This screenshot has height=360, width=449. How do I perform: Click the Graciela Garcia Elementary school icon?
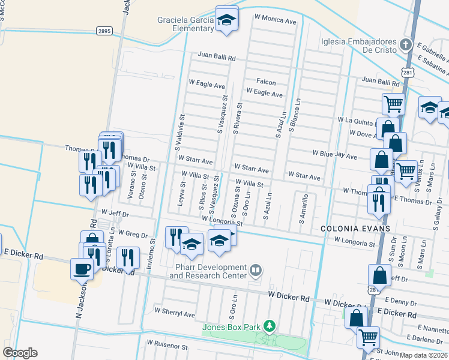pyautogui.click(x=227, y=20)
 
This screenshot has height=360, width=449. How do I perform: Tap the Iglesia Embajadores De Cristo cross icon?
pyautogui.click(x=406, y=45)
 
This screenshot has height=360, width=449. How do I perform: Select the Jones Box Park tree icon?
pyautogui.click(x=270, y=326)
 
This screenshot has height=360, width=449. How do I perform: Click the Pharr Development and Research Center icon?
pyautogui.click(x=256, y=271)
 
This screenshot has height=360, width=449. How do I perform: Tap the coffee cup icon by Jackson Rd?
pyautogui.click(x=82, y=269)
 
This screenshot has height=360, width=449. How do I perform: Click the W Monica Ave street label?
pyautogui.click(x=276, y=21)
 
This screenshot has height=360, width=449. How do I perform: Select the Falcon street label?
pyautogui.click(x=266, y=82)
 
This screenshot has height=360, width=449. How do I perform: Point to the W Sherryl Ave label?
pyautogui.click(x=175, y=313)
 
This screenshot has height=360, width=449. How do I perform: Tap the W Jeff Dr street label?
pyautogui.click(x=116, y=212)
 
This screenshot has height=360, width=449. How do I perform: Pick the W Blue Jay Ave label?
pyautogui.click(x=334, y=154)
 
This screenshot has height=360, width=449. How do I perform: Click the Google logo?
pyautogui.click(x=20, y=353)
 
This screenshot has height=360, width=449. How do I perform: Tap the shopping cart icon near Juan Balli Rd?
pyautogui.click(x=393, y=104)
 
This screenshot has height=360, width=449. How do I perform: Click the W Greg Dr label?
pyautogui.click(x=133, y=232)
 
